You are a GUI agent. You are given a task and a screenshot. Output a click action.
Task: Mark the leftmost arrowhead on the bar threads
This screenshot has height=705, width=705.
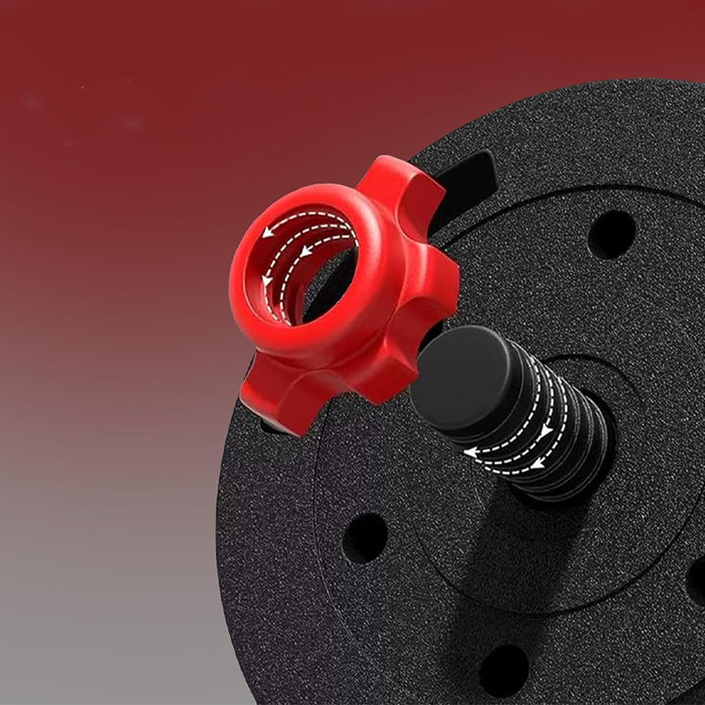click(x=471, y=453)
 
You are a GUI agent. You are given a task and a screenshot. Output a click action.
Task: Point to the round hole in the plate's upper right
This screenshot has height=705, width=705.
click(x=612, y=234)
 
